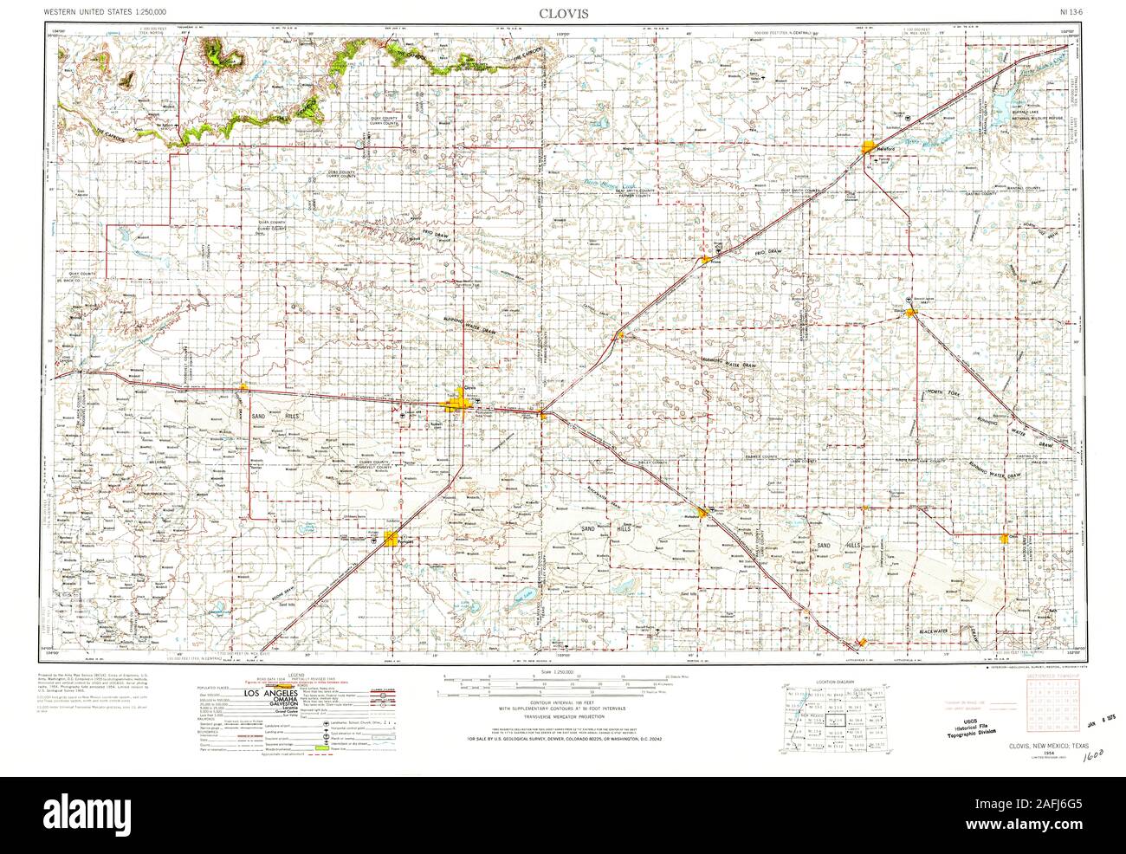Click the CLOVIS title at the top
click(562, 13)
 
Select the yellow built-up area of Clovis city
click(457, 404)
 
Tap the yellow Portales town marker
click(392, 539)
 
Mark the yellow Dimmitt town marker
click(910, 313)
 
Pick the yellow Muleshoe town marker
click(705, 513)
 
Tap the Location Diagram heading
click(828, 683)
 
